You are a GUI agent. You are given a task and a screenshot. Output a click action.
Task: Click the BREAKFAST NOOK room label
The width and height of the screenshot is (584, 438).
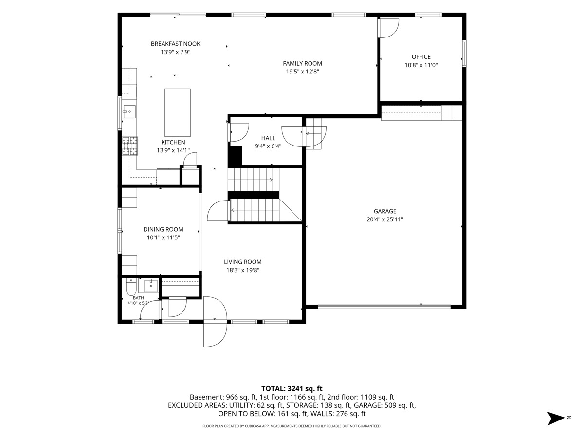pos(175,44)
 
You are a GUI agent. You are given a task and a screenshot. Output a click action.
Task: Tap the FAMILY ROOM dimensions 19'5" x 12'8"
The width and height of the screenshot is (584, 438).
pos(302,72)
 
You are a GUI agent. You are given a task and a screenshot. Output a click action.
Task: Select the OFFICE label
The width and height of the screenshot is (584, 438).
pos(421,57)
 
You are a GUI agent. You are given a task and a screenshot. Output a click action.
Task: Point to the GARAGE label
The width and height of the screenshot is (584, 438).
pos(385,211)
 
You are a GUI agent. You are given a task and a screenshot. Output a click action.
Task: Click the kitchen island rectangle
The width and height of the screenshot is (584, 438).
pos(178,112)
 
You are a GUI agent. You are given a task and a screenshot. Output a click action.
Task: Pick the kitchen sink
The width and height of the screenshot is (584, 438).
pos(129,112)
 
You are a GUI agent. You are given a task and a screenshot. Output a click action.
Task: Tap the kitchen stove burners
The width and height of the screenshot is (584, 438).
pos(130,146)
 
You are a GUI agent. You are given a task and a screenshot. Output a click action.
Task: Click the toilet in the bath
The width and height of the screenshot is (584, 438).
pos(131,287)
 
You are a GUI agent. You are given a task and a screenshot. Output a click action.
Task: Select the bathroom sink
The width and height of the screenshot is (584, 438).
pos(151,285)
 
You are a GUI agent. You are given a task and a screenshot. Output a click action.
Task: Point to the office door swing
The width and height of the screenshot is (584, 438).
pos(388,28)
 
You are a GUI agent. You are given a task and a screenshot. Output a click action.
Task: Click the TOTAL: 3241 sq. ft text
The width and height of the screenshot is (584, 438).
pos(292,388)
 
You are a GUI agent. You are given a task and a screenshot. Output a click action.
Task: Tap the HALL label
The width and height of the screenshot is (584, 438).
pos(268,138)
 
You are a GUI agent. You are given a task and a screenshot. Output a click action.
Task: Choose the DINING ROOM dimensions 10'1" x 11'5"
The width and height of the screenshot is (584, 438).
pos(164,237)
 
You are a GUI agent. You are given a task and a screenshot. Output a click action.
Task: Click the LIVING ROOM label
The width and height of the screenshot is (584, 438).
pos(243,262)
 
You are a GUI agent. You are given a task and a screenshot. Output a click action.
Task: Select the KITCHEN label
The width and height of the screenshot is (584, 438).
pos(173,142)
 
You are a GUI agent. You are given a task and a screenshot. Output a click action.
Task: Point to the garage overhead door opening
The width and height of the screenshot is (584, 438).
pos(384,307)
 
